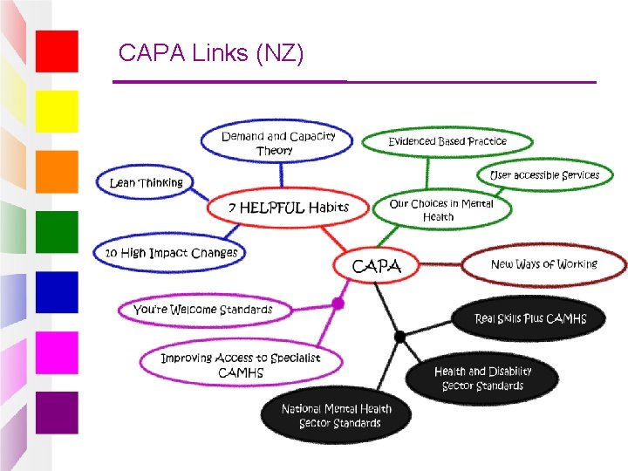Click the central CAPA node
(376, 265)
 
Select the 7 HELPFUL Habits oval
(288, 208)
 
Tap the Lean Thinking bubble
(145, 182)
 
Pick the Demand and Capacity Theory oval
(276, 141)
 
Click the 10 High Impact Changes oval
(169, 253)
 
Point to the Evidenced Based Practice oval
(447, 141)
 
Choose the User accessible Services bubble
(544, 175)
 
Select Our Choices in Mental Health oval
(441, 209)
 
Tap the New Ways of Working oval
(544, 264)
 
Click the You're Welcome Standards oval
(205, 310)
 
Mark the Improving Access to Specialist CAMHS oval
(241, 363)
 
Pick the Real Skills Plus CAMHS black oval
(529, 318)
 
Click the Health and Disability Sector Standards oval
(481, 378)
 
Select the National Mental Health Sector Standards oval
(336, 415)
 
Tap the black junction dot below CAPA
(399, 337)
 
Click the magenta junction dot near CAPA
(338, 304)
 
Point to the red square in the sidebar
(57, 51)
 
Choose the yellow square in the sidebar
(57, 112)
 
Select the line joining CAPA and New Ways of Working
(440, 264)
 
